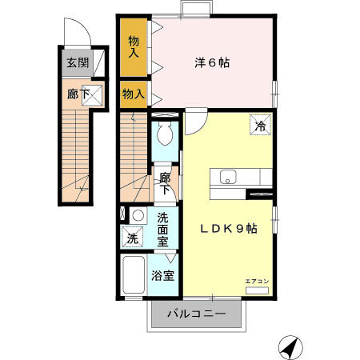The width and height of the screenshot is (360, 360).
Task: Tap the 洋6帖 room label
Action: (212, 62)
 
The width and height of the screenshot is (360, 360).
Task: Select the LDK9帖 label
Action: (228, 228)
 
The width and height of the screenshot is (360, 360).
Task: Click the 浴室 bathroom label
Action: (164, 276)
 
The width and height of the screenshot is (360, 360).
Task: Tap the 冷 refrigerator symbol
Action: (260, 126)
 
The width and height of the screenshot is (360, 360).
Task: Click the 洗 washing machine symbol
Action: (133, 238)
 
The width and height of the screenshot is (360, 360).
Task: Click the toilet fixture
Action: (166, 132)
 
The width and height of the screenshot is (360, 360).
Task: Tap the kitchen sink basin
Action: (226, 178)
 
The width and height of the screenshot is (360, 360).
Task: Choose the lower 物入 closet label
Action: (134, 94)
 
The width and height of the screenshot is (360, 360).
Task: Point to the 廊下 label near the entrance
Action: (77, 94)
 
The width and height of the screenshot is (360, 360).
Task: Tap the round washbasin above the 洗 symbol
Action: (137, 215)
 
